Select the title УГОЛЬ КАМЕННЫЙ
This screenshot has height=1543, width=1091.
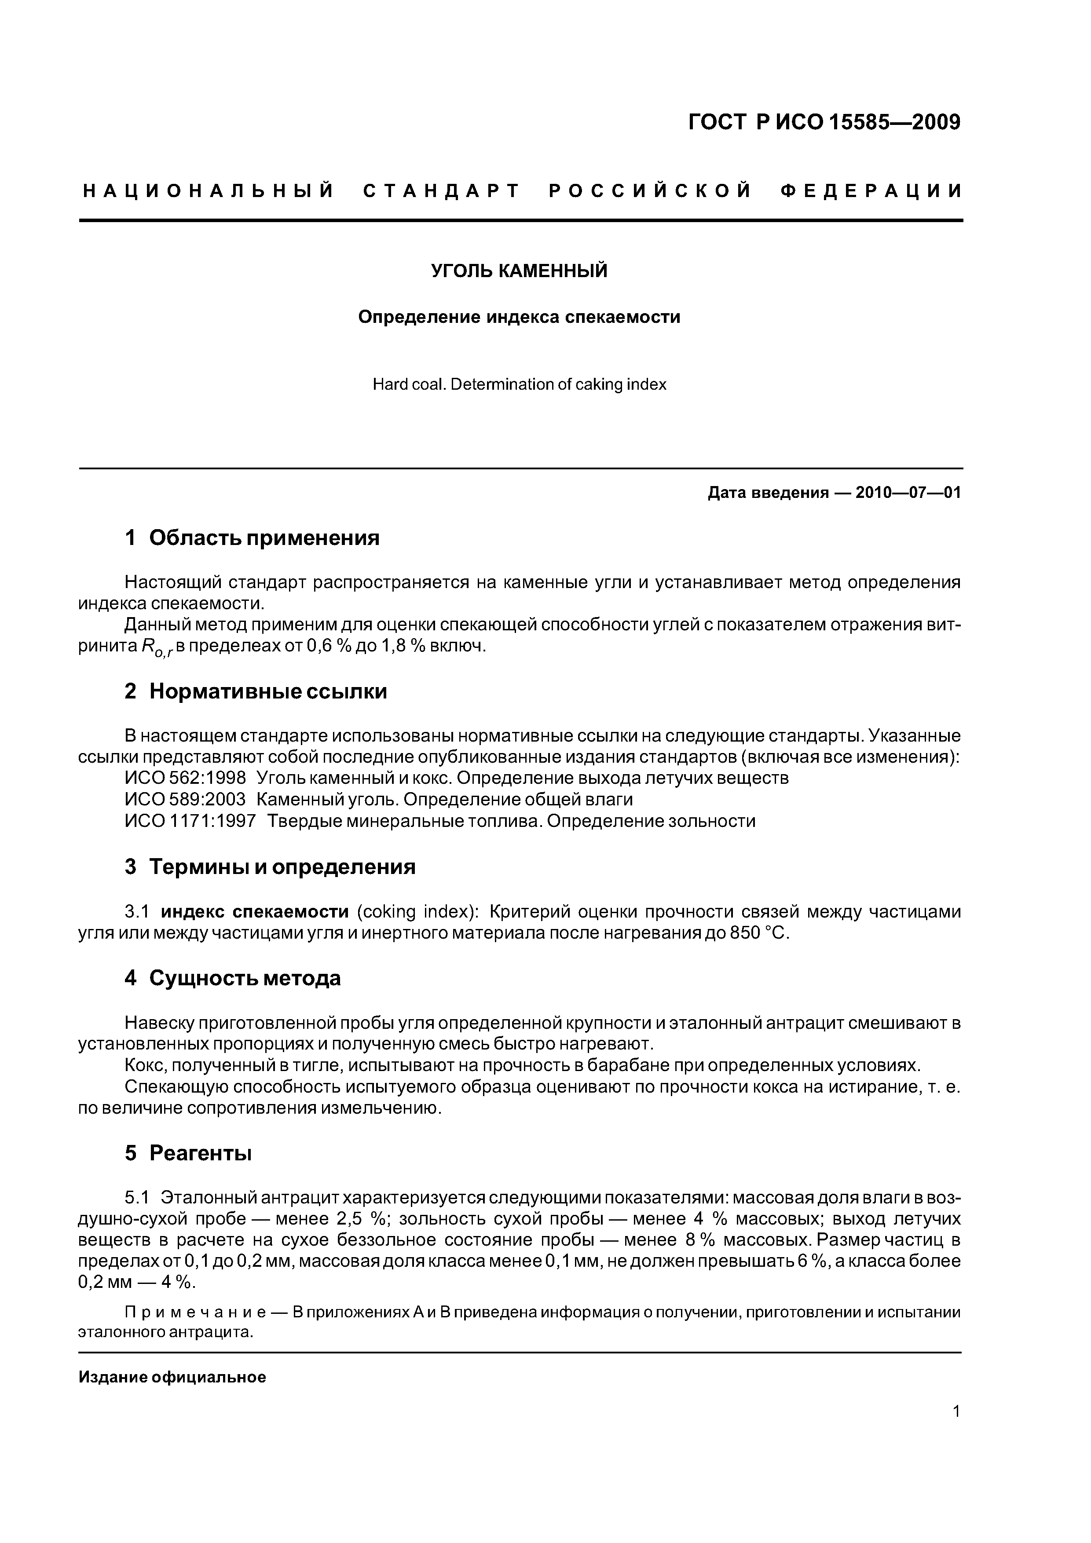(519, 271)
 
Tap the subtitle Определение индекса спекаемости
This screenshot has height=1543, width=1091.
(519, 317)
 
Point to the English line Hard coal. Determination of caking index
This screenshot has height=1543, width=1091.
(519, 384)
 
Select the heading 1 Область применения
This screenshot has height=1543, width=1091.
(252, 537)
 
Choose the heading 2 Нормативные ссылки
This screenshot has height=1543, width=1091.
(256, 691)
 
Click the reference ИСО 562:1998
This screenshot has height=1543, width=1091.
(186, 778)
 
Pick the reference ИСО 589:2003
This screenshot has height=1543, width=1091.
(186, 800)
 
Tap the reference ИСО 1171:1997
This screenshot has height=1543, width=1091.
(190, 821)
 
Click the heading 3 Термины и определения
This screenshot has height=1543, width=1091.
(270, 867)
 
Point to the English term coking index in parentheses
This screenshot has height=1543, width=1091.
(417, 912)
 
